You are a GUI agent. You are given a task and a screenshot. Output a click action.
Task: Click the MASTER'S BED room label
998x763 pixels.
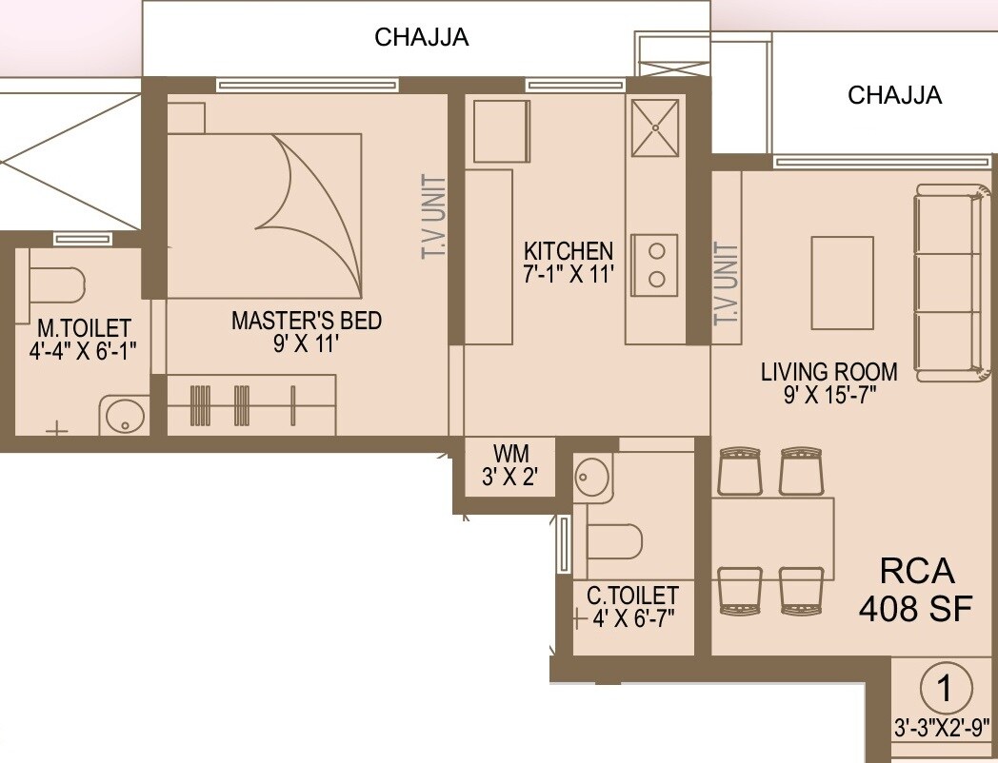point(306,321)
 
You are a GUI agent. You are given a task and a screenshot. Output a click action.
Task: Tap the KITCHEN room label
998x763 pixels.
point(569,252)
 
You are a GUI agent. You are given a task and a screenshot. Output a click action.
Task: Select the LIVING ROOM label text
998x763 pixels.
point(828,372)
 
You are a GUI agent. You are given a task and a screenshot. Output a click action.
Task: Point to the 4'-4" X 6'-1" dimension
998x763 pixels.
point(80,349)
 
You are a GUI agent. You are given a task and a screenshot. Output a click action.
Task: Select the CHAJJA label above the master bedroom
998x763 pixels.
point(421,38)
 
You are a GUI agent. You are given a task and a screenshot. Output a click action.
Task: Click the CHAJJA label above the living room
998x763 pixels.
point(894,95)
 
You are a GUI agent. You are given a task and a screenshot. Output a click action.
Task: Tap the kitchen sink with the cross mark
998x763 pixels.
point(655,125)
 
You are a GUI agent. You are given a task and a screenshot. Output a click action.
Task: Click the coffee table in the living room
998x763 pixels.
point(842,283)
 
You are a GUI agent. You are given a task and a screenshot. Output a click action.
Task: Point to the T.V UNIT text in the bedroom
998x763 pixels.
point(433,217)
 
